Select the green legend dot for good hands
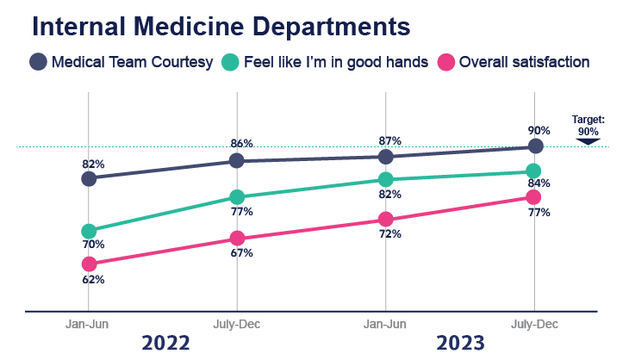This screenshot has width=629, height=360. click(x=230, y=62)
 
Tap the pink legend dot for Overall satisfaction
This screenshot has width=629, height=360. click(x=445, y=62)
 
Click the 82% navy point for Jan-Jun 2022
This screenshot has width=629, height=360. click(x=88, y=178)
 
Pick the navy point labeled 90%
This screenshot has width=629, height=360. click(x=535, y=146)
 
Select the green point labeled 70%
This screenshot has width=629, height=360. click(x=88, y=231)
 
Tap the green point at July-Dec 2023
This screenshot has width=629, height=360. click(x=534, y=171)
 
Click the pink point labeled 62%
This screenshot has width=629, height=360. click(x=88, y=264)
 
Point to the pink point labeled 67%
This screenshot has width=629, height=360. click(x=237, y=239)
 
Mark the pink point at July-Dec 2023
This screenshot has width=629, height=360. click(x=534, y=197)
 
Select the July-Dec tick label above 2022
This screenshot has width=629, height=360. click(x=237, y=324)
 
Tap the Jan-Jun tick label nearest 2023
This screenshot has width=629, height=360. click(x=385, y=324)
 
